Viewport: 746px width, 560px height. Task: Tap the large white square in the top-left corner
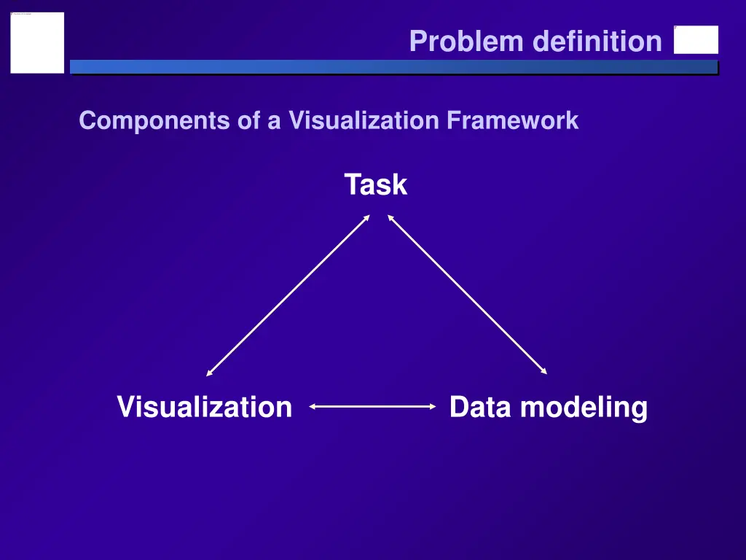pyautogui.click(x=37, y=42)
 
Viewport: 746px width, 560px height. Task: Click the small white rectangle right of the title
pyautogui.click(x=696, y=40)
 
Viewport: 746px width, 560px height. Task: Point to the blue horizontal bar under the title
pyautogui.click(x=393, y=67)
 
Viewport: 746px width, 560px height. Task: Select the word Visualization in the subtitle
pyautogui.click(x=365, y=120)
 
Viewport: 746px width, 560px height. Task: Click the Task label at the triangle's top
pyautogui.click(x=376, y=184)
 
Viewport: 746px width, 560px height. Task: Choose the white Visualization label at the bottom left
pyautogui.click(x=205, y=406)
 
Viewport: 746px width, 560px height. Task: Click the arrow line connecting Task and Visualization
pyautogui.click(x=288, y=295)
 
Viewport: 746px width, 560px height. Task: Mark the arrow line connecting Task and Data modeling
pyautogui.click(x=467, y=295)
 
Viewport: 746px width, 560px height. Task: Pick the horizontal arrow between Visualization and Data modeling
pyautogui.click(x=373, y=407)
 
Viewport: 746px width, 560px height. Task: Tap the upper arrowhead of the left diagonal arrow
pyautogui.click(x=367, y=217)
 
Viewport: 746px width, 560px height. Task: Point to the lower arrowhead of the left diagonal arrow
pyautogui.click(x=209, y=373)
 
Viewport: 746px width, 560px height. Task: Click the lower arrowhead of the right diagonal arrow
pyautogui.click(x=543, y=372)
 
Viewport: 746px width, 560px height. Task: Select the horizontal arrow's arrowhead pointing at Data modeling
pyautogui.click(x=432, y=407)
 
